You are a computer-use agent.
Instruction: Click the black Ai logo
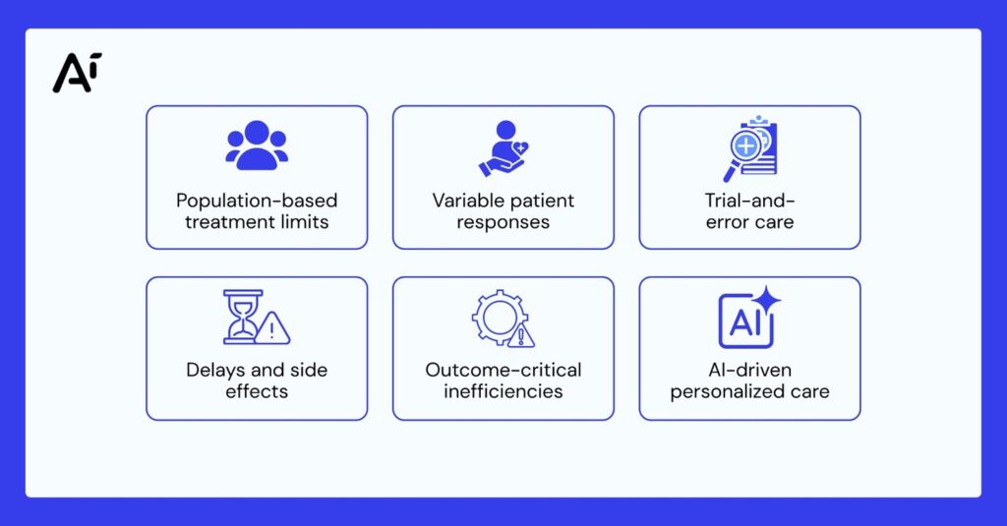77,73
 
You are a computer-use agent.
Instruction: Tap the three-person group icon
257,146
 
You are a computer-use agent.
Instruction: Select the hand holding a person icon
503,148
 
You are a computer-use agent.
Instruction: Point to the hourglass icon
243,317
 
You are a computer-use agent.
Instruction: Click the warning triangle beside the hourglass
272,328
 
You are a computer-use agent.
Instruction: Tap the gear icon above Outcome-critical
501,317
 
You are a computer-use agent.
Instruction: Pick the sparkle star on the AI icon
766,301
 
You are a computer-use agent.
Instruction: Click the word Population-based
257,201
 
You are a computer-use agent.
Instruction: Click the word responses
503,223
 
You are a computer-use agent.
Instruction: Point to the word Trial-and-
749,201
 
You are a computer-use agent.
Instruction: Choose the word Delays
215,370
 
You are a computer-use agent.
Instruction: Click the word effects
257,391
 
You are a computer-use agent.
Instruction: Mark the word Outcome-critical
503,370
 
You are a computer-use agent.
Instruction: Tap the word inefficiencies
503,391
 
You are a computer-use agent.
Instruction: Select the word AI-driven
749,370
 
